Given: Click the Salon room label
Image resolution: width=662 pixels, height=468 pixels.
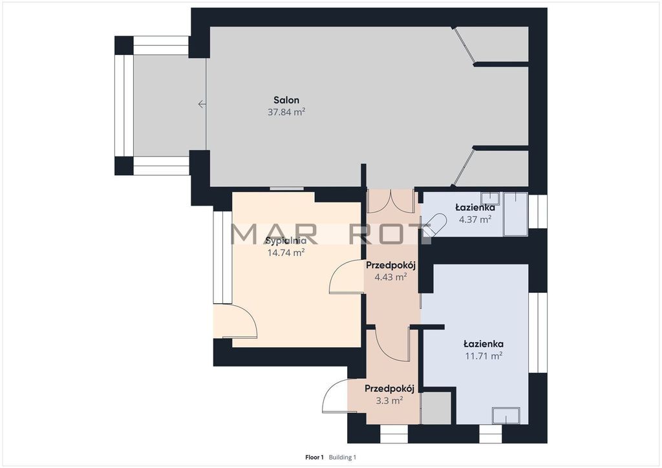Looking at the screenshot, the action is (x=286, y=100).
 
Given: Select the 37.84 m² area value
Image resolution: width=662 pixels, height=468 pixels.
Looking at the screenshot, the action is (x=286, y=112).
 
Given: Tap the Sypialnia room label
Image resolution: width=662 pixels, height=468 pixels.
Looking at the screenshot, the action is (x=286, y=241).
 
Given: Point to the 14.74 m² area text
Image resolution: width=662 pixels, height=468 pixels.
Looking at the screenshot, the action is (x=286, y=252).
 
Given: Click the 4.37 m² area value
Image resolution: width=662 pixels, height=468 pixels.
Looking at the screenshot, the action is (x=475, y=219).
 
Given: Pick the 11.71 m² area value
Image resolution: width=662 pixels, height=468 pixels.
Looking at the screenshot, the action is (x=484, y=356).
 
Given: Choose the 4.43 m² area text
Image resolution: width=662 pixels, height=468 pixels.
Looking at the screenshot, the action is (x=390, y=277).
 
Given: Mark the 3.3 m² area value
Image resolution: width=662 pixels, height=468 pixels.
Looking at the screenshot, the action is (x=389, y=400).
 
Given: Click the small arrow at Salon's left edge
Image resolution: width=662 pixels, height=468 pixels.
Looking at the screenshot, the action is (x=202, y=104).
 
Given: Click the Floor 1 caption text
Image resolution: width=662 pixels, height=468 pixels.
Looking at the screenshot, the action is (x=314, y=457).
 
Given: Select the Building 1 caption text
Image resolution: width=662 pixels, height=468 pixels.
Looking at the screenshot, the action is (x=343, y=457).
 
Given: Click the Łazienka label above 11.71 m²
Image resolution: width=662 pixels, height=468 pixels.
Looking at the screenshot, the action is (x=484, y=343).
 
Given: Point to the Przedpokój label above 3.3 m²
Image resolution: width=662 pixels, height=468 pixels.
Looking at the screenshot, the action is (x=389, y=388).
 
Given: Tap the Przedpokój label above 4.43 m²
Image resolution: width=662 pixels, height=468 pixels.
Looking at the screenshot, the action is (x=391, y=265).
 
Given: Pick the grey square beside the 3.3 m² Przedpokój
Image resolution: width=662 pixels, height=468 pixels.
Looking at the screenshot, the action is (x=436, y=408).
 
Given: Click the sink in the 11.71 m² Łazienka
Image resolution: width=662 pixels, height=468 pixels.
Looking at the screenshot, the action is (x=506, y=415).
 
